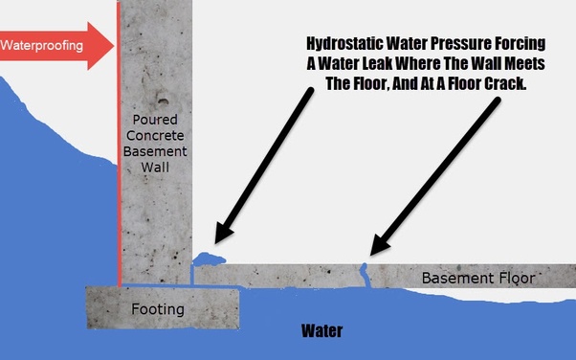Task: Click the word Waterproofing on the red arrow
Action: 41,46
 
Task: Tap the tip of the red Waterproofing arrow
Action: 114,46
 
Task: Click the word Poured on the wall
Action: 155,120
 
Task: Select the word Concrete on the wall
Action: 155,135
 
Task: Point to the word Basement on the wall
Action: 155,151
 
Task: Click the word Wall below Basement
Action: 155,168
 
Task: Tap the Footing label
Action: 158,309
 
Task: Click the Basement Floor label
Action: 478,278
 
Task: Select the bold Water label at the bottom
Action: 321,331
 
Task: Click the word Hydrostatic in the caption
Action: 344,44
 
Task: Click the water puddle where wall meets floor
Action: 209,259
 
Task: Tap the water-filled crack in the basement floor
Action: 365,275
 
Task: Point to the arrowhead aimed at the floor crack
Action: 379,244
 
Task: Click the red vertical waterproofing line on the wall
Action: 119,144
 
